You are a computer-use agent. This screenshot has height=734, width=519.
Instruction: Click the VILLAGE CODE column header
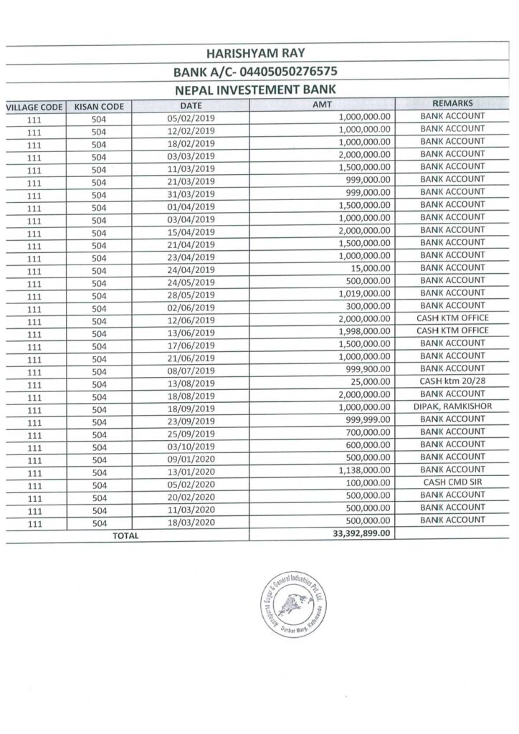pos(33,107)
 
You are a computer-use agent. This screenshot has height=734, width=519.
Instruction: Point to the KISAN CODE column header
pos(99,107)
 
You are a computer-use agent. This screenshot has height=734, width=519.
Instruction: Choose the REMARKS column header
pos(452,103)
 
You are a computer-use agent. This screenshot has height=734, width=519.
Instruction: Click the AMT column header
pos(323,105)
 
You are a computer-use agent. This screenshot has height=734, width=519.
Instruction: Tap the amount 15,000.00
pos(370,268)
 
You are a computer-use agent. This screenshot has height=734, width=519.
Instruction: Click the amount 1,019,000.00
pos(364,293)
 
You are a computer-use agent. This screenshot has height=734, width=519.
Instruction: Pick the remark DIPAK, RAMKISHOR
pos(452,406)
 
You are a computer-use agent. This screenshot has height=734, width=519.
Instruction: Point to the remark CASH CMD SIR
pos(452,482)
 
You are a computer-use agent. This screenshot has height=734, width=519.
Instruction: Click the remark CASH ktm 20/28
pos(452,381)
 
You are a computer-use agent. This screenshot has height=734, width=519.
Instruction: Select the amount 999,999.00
pos(366,420)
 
